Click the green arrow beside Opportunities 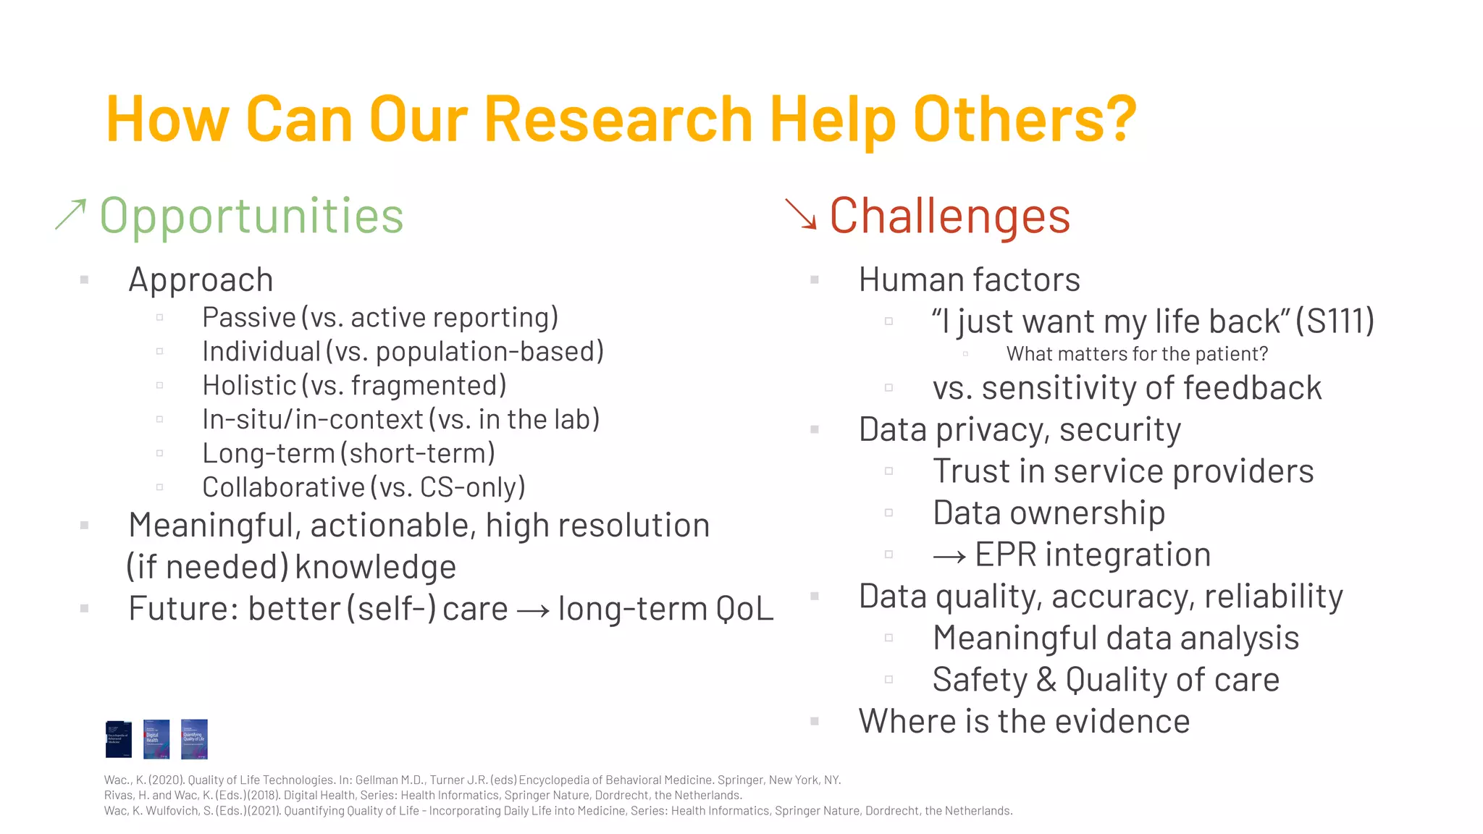coord(71,215)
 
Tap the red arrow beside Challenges coord(801,214)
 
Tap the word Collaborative coord(283,488)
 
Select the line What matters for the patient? coord(1137,354)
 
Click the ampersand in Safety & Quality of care coord(1046,681)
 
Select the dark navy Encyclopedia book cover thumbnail coord(119,739)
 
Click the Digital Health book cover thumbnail coord(156,739)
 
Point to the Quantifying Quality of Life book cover coord(194,739)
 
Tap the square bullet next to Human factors coord(815,279)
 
